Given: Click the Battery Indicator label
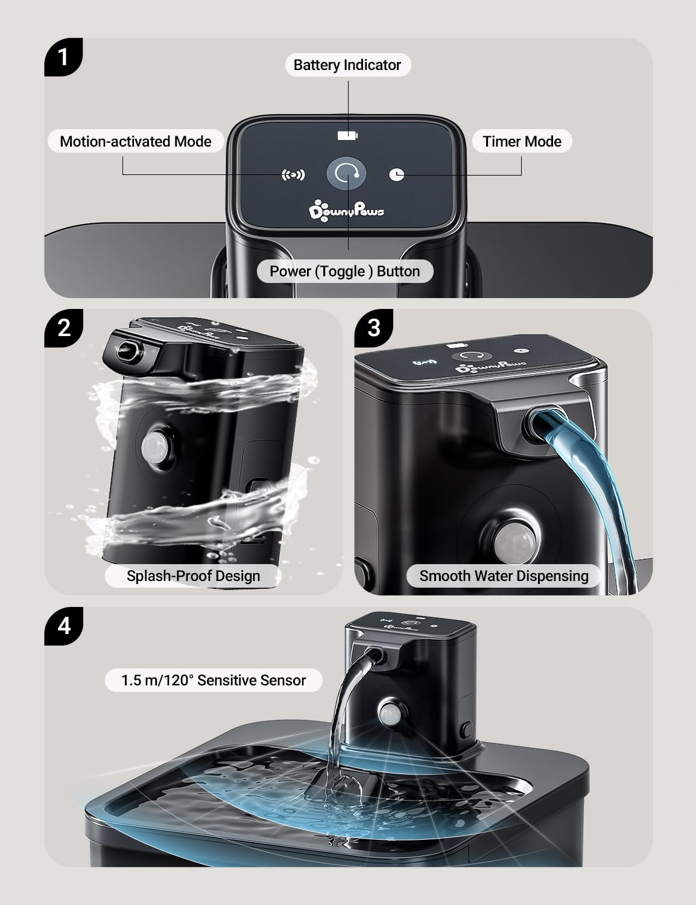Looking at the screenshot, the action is [x=347, y=65].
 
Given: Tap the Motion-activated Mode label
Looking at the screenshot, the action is [x=136, y=141].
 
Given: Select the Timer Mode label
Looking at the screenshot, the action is [x=522, y=141].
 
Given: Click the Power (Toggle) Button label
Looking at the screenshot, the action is [x=344, y=271].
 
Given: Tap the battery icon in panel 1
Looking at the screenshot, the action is [x=347, y=135].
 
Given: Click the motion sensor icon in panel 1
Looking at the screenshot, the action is [x=294, y=175].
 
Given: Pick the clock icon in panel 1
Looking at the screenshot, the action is [x=397, y=174].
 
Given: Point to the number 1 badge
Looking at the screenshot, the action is [x=63, y=57].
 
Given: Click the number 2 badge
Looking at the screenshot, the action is [x=64, y=328].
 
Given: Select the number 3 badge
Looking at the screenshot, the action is [x=374, y=328].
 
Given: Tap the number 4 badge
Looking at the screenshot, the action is [x=64, y=626].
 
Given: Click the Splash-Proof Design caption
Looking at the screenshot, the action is [x=193, y=576].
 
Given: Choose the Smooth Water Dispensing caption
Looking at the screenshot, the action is [x=504, y=576].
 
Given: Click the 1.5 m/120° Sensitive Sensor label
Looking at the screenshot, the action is [x=214, y=680].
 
